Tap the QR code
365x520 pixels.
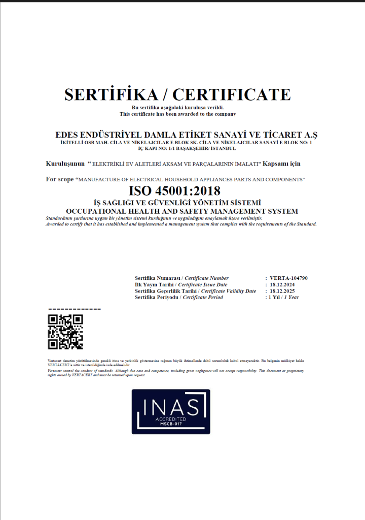coord(65,332)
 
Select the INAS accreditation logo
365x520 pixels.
coord(171,411)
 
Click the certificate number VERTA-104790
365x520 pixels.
coord(289,278)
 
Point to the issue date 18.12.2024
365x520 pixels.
coord(283,285)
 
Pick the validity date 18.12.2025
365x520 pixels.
coord(283,291)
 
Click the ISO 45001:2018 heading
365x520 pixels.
coord(174,191)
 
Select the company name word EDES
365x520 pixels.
coord(67,135)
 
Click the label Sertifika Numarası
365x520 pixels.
coord(158,278)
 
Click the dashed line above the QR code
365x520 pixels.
coord(74,309)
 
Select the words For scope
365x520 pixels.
coord(59,179)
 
